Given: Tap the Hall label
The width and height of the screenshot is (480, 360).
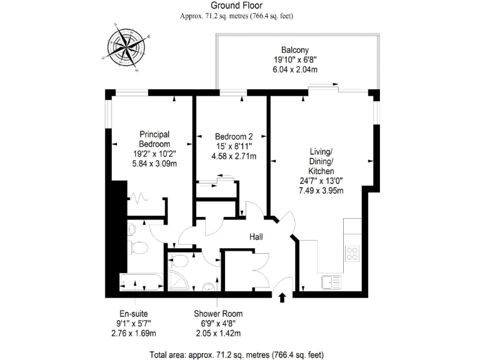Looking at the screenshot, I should pyautogui.click(x=256, y=237).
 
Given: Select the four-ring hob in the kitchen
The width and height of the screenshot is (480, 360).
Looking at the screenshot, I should pyautogui.click(x=352, y=253).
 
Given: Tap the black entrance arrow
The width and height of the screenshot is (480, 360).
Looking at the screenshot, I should pyautogui.click(x=281, y=298).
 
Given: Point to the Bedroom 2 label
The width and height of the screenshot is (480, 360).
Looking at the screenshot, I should pyautogui.click(x=234, y=136).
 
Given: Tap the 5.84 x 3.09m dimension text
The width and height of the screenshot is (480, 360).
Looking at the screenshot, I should pyautogui.click(x=154, y=164).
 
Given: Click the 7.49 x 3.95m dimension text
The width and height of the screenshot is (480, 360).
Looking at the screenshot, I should pyautogui.click(x=321, y=191).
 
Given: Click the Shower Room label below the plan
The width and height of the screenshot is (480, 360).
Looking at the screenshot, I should pyautogui.click(x=218, y=314).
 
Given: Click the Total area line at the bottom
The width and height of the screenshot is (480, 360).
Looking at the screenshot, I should pyautogui.click(x=236, y=354).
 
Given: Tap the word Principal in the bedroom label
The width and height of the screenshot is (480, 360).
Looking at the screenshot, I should pyautogui.click(x=155, y=134).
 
